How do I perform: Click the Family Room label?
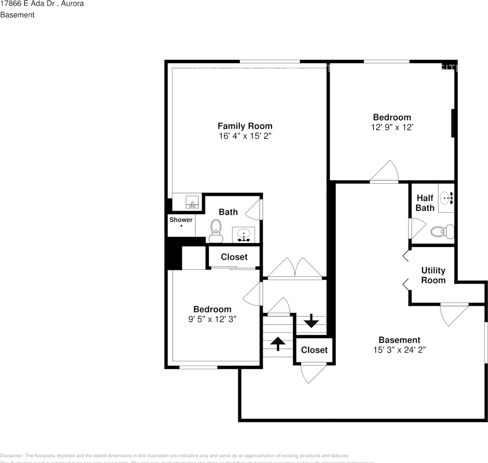pyautogui.click(x=244, y=126)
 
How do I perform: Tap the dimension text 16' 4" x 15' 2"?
pyautogui.click(x=244, y=136)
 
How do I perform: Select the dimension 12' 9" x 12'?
pyautogui.click(x=392, y=127)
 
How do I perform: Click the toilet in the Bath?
pyautogui.click(x=216, y=231)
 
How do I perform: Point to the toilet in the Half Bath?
pyautogui.click(x=443, y=231)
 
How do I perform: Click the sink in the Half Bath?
pyautogui.click(x=447, y=197)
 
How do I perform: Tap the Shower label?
pyautogui.click(x=181, y=220)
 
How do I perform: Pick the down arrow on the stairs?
pyautogui.click(x=311, y=321)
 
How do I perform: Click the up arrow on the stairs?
pyautogui.click(x=277, y=343)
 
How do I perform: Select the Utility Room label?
pyautogui.click(x=433, y=275)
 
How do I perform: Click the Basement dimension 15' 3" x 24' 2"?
pyautogui.click(x=399, y=350)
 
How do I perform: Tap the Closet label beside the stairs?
pyautogui.click(x=314, y=350)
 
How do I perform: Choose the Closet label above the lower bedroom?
pyautogui.click(x=234, y=257)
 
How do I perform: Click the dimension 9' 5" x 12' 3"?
pyautogui.click(x=212, y=319)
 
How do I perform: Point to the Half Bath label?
pyautogui.click(x=425, y=203)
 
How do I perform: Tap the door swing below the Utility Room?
pyautogui.click(x=453, y=313)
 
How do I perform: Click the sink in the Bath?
pyautogui.click(x=245, y=235)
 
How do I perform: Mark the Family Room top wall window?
pyautogui.click(x=270, y=61)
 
